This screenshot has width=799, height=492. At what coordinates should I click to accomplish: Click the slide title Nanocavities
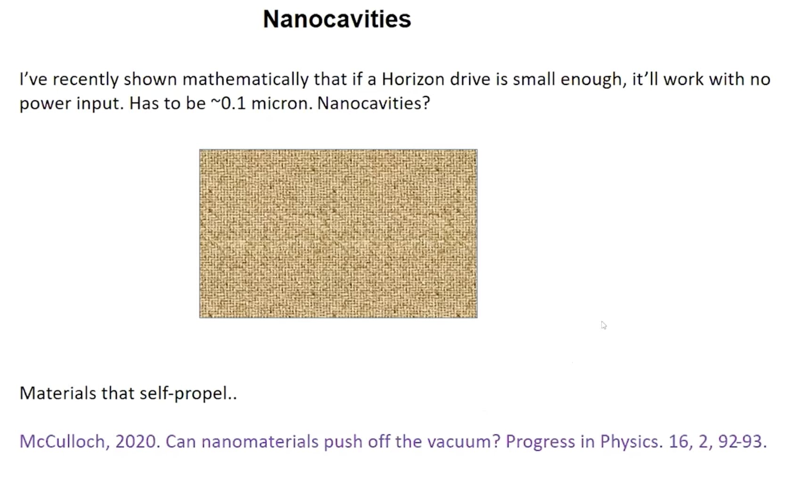click(x=337, y=19)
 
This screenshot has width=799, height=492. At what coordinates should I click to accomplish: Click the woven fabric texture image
click(x=338, y=234)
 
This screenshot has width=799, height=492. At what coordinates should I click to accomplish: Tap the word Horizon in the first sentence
click(x=413, y=79)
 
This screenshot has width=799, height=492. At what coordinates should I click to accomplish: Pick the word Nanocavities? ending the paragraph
click(x=374, y=103)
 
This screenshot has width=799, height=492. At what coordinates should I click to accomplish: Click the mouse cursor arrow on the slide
click(x=603, y=325)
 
